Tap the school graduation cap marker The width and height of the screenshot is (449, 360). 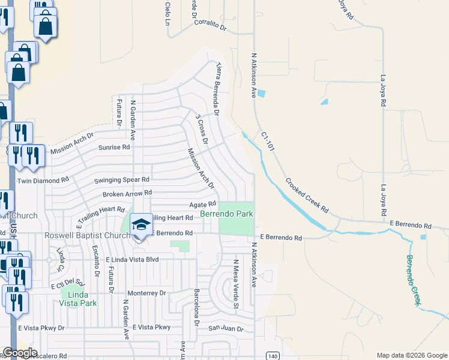pyautogui.click(x=141, y=225)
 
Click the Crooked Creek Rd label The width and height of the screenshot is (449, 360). pyautogui.click(x=307, y=196)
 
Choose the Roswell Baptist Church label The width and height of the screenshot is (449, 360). pyautogui.click(x=88, y=235)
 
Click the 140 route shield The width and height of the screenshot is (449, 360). pyautogui.click(x=273, y=356)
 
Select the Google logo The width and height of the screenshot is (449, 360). pyautogui.click(x=20, y=353)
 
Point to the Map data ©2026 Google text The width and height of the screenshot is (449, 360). pyautogui.click(x=412, y=355)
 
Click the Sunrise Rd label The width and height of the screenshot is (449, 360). pyautogui.click(x=114, y=147)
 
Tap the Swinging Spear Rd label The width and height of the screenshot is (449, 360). pyautogui.click(x=122, y=179)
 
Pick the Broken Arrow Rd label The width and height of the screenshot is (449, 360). pyautogui.click(x=127, y=193)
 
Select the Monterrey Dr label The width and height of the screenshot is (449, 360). pyautogui.click(x=154, y=293)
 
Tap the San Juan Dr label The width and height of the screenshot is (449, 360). pyautogui.click(x=226, y=329)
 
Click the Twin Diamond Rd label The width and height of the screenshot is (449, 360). pyautogui.click(x=43, y=181)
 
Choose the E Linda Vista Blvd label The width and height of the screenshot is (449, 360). pyautogui.click(x=132, y=260)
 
